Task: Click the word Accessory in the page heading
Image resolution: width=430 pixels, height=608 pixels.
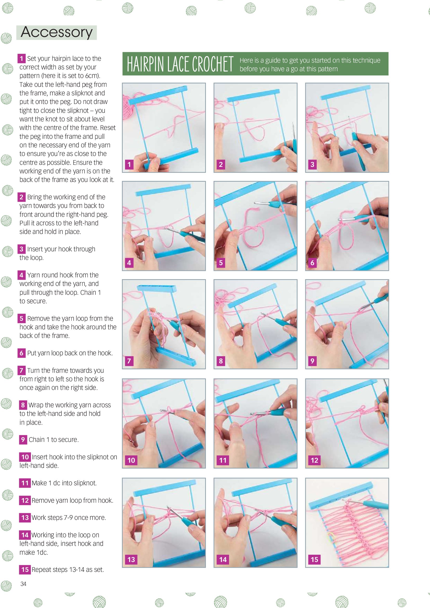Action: [57, 32]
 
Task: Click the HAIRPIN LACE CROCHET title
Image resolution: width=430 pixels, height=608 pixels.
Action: [180, 64]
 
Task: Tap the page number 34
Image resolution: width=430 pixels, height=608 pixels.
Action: [23, 584]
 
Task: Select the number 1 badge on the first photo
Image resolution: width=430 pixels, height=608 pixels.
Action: [129, 165]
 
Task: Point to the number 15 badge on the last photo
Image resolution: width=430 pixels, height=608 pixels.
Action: [314, 559]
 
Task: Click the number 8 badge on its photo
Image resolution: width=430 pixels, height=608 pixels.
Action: [221, 361]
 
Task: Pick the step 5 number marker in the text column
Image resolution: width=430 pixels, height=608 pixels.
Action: [21, 318]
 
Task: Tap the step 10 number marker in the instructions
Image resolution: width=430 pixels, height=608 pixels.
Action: [25, 457]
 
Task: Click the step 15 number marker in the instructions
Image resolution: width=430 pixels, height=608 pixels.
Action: [25, 569]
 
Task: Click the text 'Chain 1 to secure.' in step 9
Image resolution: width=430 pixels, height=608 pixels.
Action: [54, 440]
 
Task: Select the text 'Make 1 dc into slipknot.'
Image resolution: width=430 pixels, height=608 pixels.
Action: [64, 483]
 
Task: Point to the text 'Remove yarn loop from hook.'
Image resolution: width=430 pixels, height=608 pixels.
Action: [72, 500]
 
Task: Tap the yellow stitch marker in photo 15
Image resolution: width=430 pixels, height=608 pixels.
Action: [331, 538]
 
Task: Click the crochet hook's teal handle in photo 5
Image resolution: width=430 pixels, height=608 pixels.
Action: [276, 204]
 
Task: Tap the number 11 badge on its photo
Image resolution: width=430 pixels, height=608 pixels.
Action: [223, 460]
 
